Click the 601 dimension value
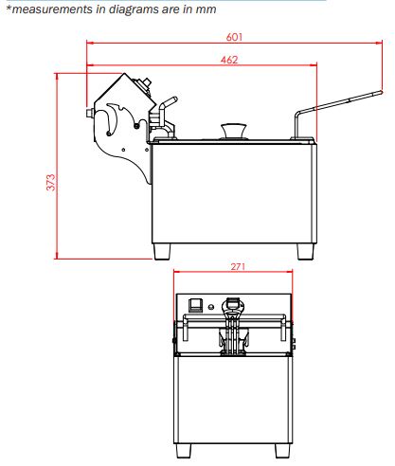(x=234, y=37)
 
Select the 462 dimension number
(x=229, y=60)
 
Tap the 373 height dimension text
(x=50, y=182)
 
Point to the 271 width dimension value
(x=238, y=267)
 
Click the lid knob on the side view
(x=234, y=131)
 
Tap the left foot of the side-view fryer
(x=162, y=252)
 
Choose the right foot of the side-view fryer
(x=306, y=252)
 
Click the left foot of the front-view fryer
(x=184, y=451)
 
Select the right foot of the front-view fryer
(x=282, y=451)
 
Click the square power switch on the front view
(x=195, y=305)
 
